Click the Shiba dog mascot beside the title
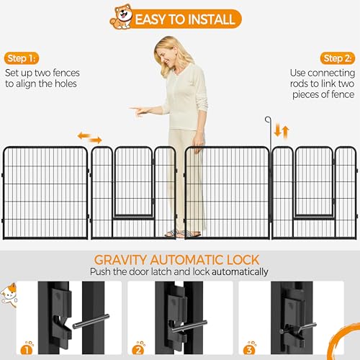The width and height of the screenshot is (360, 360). point(122,17)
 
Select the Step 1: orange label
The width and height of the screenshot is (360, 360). point(22,58)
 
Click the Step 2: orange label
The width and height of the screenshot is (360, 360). point(338,58)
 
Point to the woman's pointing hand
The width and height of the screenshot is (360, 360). point(139,111)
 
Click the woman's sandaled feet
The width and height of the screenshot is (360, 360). point(183,233)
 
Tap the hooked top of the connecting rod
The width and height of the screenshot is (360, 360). point(268,120)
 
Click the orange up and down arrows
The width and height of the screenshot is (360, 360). point(282,131)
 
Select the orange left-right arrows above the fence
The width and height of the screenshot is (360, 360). point(90,138)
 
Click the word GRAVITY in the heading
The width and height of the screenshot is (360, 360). point(120,260)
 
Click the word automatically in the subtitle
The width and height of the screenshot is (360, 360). point(240,272)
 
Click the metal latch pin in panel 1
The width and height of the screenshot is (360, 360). point(91,321)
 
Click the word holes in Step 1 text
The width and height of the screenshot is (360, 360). point(66,84)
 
